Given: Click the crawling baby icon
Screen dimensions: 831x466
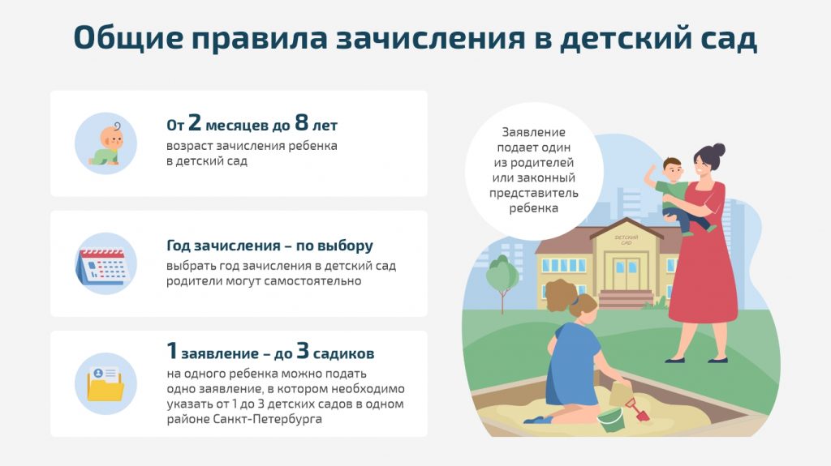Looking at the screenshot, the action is [x=106, y=143].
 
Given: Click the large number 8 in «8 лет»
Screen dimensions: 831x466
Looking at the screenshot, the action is [x=302, y=123].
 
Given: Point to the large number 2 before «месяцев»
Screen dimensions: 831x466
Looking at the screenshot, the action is [x=195, y=123].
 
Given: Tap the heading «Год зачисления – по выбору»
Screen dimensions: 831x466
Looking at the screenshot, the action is [x=269, y=246].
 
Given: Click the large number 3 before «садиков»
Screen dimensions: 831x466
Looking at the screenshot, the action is [x=302, y=351].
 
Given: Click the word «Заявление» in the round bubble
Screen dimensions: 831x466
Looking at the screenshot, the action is [x=534, y=132].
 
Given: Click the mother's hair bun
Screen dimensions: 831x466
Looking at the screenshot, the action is [x=718, y=150].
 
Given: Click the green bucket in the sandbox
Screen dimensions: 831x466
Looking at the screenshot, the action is [x=611, y=419].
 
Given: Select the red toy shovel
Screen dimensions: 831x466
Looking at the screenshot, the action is [x=638, y=409].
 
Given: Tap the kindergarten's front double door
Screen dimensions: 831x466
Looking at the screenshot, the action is [x=626, y=273].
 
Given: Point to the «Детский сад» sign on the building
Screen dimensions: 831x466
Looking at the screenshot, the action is [x=626, y=239].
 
